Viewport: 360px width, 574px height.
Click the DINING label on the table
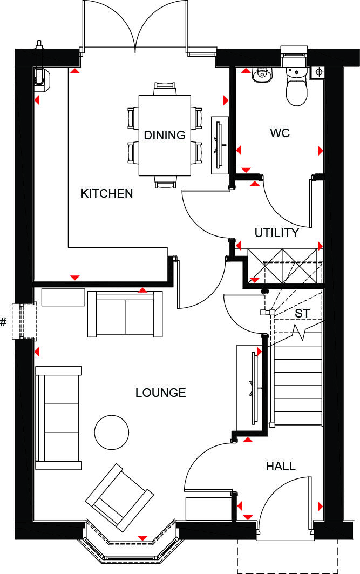tap(165, 135)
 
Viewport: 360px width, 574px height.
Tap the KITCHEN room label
tap(106, 193)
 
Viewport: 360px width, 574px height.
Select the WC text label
tap(280, 133)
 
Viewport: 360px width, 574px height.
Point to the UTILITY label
tap(276, 233)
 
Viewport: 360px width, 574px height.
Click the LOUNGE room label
tap(160, 393)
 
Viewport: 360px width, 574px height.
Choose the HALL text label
tap(281, 466)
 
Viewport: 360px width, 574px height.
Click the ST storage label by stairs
tap(302, 313)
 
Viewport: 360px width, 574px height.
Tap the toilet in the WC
tap(296, 86)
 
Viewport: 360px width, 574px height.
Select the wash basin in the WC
tap(263, 76)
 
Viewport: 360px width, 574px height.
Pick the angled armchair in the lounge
tap(119, 494)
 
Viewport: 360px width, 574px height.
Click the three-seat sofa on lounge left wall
tap(58, 418)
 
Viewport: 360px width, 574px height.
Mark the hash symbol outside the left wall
tap(4, 322)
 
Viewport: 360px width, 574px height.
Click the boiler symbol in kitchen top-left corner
tap(41, 77)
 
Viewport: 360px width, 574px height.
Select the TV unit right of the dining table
tap(220, 145)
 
